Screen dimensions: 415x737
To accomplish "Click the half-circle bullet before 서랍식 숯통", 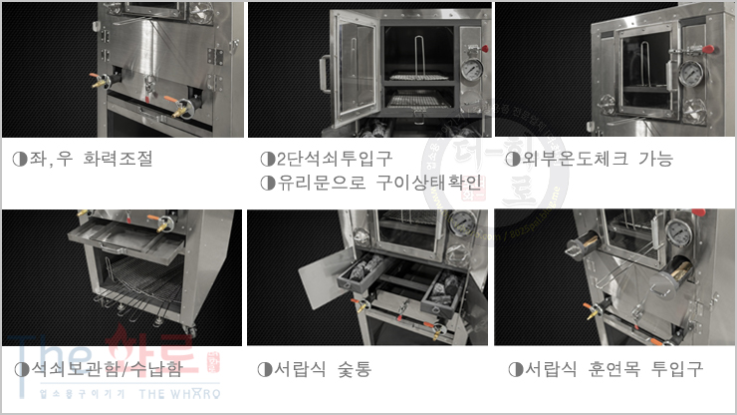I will (264, 369).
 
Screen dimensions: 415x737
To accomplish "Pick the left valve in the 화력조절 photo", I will (98, 79).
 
